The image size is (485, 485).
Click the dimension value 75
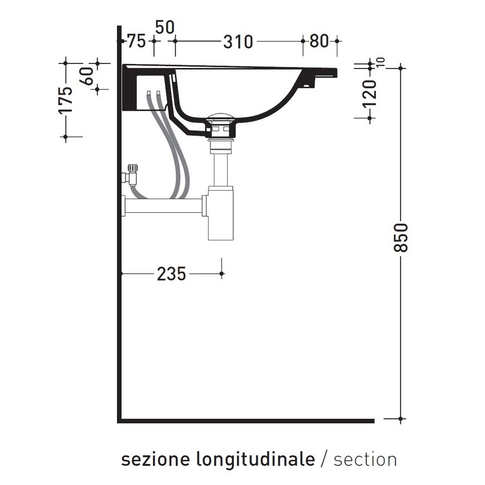[x=136, y=41]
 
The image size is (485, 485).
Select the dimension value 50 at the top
[x=164, y=27]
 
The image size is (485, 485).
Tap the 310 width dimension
[x=237, y=41]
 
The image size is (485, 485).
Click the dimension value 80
[x=320, y=41]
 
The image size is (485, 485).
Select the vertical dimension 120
[x=370, y=94]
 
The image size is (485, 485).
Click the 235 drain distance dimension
[x=171, y=274]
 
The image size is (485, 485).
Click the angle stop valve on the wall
[x=131, y=174]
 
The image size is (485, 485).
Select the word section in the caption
[x=365, y=459]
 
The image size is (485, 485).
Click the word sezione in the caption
[x=156, y=459]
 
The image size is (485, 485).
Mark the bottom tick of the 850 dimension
[x=401, y=419]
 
